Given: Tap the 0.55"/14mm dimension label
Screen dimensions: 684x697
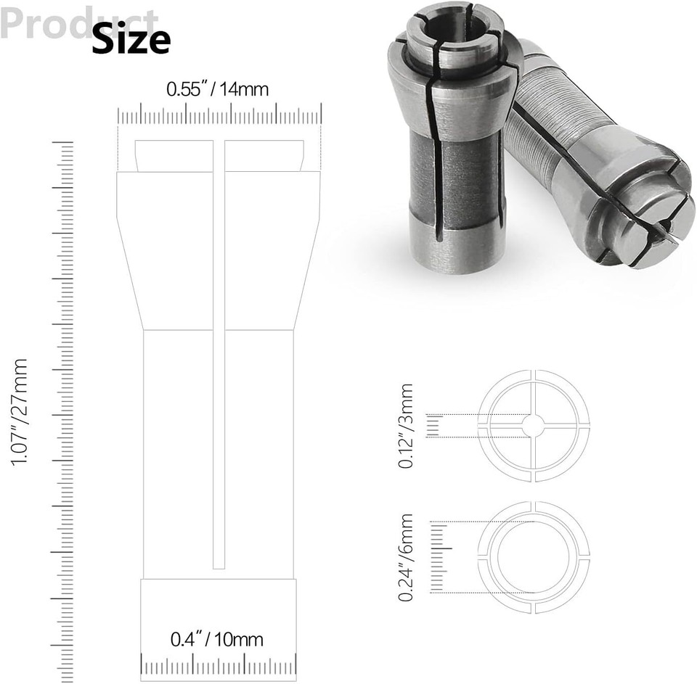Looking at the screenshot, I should coord(218,90).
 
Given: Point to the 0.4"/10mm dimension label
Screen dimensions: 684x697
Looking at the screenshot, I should coord(217,640).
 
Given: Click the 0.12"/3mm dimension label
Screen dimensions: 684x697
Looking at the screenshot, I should coord(407,426).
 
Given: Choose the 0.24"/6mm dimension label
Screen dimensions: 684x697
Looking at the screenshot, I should coord(407,557).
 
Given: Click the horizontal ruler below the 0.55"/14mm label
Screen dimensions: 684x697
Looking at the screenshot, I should coord(220,116).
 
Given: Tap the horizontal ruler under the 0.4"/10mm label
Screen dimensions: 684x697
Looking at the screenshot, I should coord(219,664).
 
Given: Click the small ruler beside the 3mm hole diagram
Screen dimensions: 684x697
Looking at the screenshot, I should coord(434,427).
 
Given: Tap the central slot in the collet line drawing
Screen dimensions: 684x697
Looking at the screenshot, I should coord(219,363).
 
